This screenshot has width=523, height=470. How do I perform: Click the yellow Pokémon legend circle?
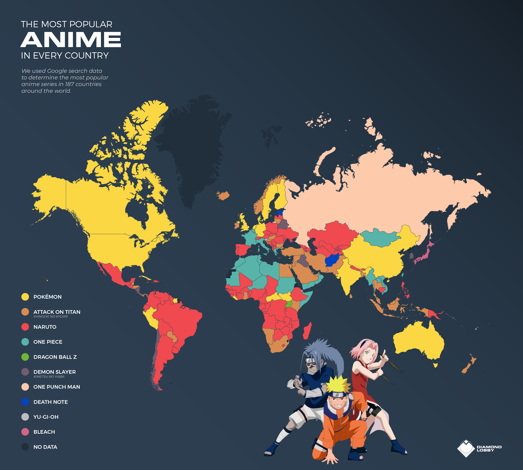click(25, 297)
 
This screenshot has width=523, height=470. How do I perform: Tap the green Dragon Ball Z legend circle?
click(25, 357)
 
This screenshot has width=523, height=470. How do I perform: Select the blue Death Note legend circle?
click(25, 402)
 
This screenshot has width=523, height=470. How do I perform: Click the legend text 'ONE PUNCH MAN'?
click(57, 387)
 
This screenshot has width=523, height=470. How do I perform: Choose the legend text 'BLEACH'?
click(44, 432)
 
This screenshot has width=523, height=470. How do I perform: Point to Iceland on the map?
click(223, 195)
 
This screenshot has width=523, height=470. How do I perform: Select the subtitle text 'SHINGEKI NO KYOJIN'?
click(50, 317)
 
